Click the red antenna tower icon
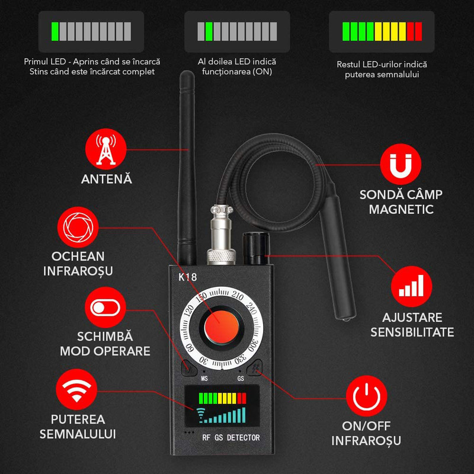(x=105, y=149)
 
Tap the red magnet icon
(x=401, y=164)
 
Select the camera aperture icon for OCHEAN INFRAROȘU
(x=78, y=228)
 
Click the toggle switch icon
(x=105, y=308)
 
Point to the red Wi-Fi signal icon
(x=76, y=390)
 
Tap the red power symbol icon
(x=366, y=396)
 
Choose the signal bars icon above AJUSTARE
(x=411, y=286)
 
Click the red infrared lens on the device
(x=222, y=327)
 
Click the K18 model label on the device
(x=188, y=277)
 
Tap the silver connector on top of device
(x=221, y=235)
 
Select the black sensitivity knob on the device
(x=256, y=248)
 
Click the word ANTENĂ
(x=107, y=179)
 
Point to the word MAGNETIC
(x=401, y=209)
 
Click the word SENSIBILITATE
(x=412, y=332)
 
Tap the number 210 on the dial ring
(x=238, y=296)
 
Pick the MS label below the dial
(x=204, y=379)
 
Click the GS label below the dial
(x=241, y=379)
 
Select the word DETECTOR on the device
(x=244, y=437)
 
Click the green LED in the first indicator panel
(x=55, y=31)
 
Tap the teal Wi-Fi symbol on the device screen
(x=200, y=414)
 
